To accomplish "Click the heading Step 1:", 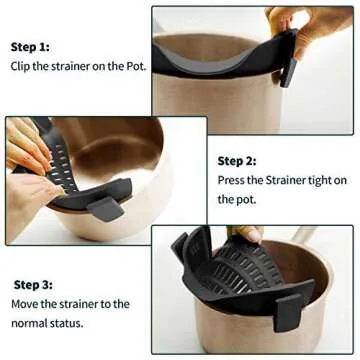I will [30, 47].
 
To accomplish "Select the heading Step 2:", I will [237, 160].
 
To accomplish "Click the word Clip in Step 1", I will [21, 68].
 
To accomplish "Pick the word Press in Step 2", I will [233, 181].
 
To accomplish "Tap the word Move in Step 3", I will [25, 304].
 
